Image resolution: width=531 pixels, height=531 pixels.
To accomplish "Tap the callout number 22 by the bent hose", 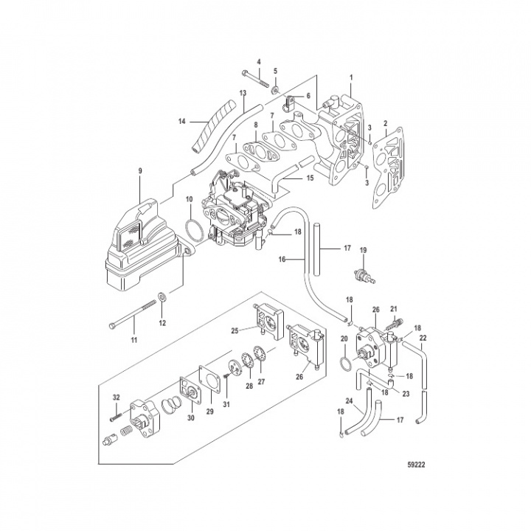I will coord(423,341).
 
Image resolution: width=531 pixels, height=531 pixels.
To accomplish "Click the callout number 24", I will coord(349,403).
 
